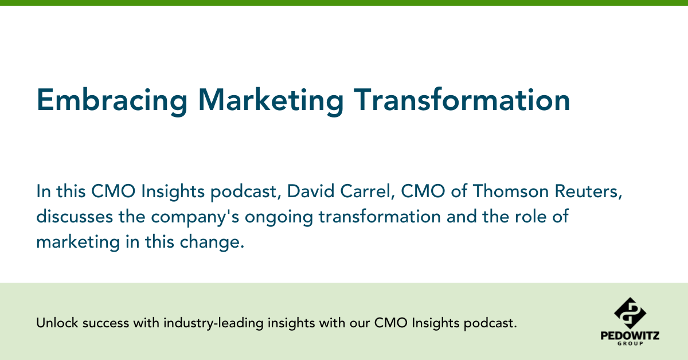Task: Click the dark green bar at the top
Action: (x=344, y=3)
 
